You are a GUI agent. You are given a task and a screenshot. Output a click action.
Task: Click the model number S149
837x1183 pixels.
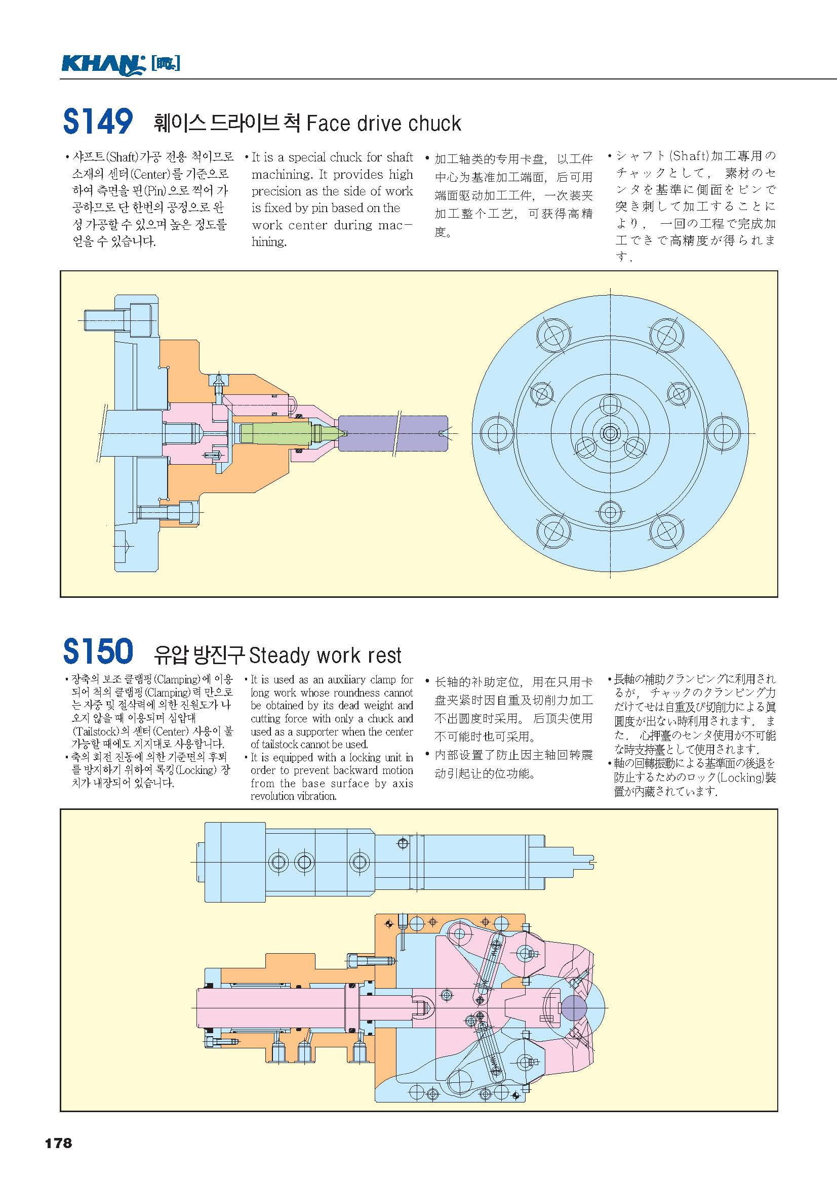pyautogui.click(x=98, y=121)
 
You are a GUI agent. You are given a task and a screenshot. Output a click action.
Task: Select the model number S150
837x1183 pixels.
pyautogui.click(x=98, y=651)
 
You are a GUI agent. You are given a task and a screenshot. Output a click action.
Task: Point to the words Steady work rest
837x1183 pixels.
pyautogui.click(x=325, y=656)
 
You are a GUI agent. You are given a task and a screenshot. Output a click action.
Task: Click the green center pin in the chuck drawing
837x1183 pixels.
pyautogui.click(x=281, y=433)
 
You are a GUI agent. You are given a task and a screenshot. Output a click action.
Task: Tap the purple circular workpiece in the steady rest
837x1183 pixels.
pyautogui.click(x=573, y=1008)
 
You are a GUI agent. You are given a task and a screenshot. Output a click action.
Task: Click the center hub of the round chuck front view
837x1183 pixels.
pyautogui.click(x=610, y=433)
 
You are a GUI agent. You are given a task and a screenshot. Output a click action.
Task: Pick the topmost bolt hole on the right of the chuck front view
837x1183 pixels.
pyautogui.click(x=666, y=335)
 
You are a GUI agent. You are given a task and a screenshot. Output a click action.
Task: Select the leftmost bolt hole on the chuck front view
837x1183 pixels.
pyautogui.click(x=497, y=433)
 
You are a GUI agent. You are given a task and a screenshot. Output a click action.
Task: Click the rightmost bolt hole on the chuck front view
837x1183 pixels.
pyautogui.click(x=723, y=433)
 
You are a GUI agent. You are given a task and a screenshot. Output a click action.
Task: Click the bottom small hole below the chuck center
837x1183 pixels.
pyautogui.click(x=610, y=513)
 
